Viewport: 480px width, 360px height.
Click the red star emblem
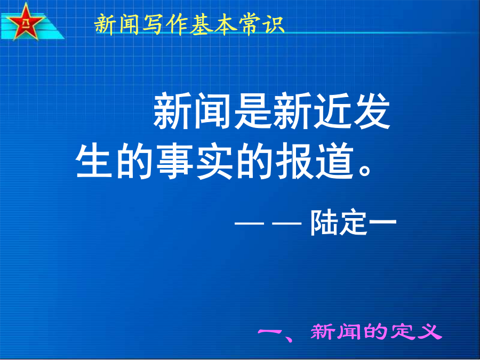pos(25,21)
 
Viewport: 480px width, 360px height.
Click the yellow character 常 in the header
pos(250,24)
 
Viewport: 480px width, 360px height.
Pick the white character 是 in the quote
pos(253,111)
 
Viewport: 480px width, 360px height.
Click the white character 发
pos(372,111)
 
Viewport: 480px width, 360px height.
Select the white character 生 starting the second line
pos(94,160)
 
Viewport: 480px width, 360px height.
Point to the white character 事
pos(174,161)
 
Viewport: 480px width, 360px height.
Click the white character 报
pos(295,161)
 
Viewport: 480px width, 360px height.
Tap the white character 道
pos(335,161)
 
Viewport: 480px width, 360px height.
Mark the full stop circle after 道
pos(365,170)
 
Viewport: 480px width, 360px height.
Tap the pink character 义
pos(429,332)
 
